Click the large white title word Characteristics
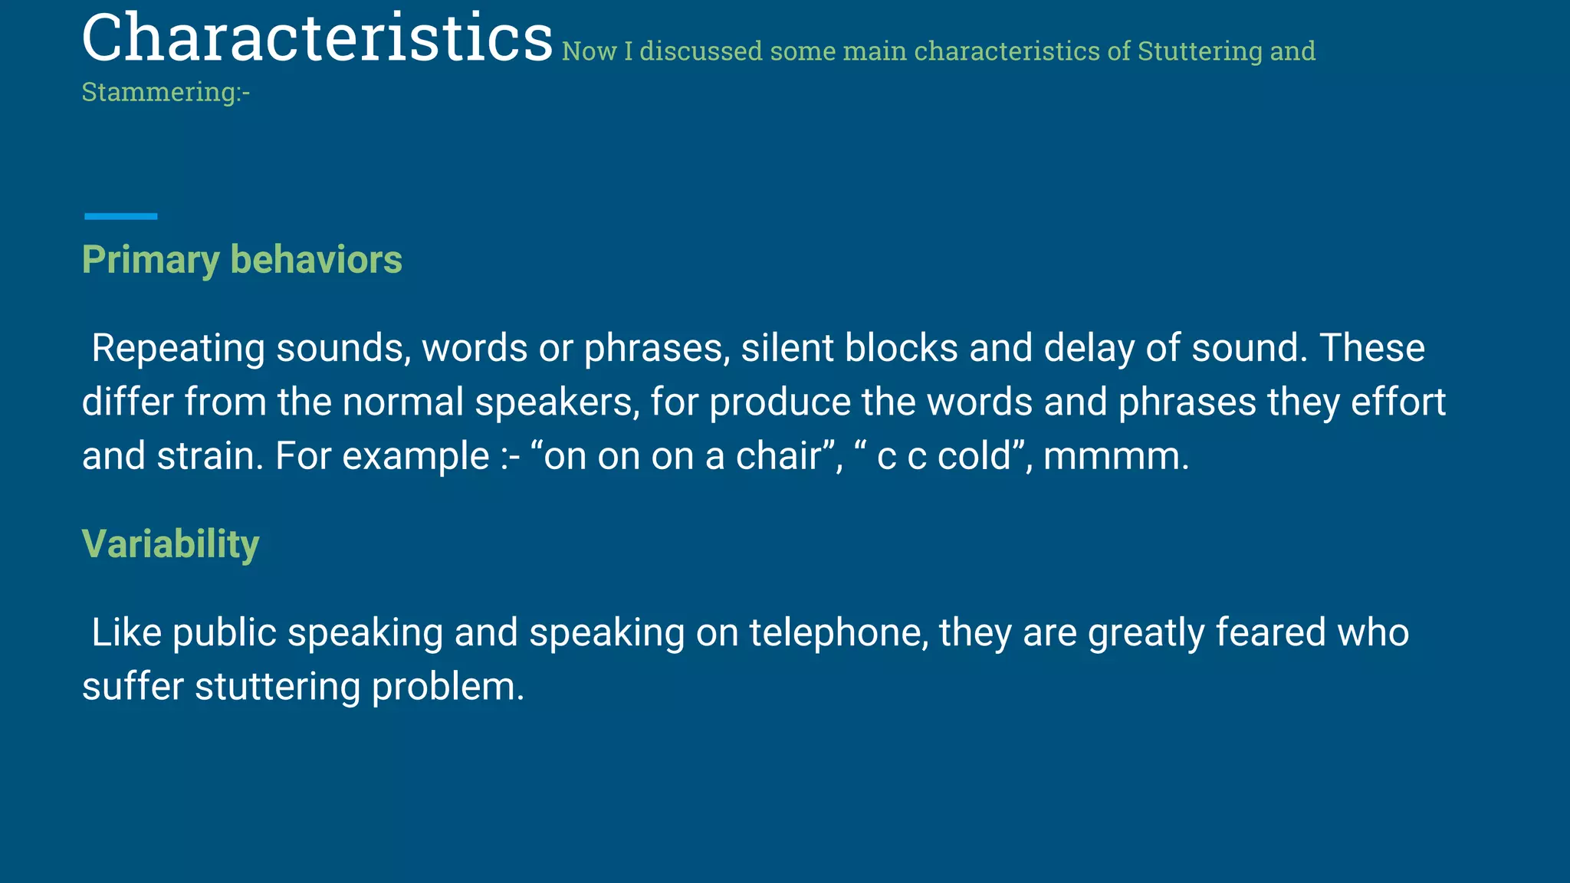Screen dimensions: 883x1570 click(x=317, y=38)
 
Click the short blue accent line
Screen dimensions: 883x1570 click(x=120, y=217)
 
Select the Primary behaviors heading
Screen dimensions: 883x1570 click(x=241, y=260)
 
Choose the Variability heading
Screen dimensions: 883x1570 click(x=170, y=544)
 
